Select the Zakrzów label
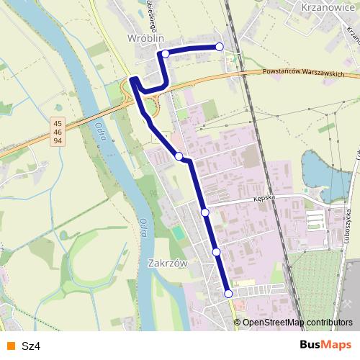click(x=167, y=264)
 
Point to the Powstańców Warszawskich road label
click(x=303, y=73)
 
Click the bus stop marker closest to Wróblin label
click(x=166, y=53)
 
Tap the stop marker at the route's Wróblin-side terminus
click(x=220, y=47)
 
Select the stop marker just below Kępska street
click(x=205, y=212)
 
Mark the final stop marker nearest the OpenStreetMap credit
click(x=228, y=293)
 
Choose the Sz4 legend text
click(x=30, y=346)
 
